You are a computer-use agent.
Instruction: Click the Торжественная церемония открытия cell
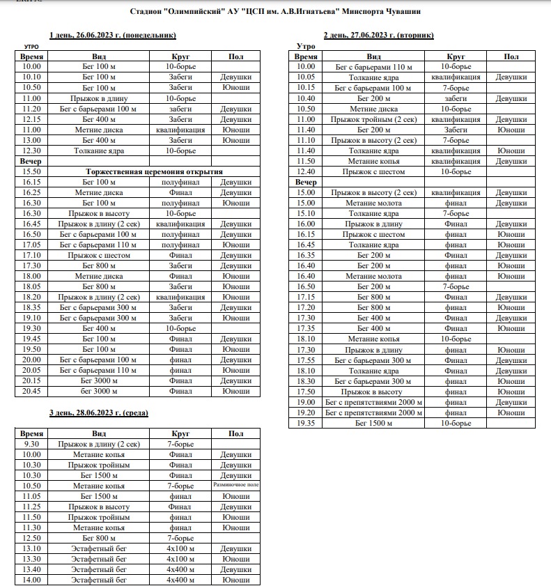[153, 171]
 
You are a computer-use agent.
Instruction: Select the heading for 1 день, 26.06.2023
[112, 35]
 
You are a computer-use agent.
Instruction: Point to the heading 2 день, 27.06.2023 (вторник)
[378, 35]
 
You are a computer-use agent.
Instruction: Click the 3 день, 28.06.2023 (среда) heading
[98, 413]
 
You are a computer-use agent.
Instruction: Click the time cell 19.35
[306, 423]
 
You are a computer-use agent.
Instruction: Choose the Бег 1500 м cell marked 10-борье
[374, 423]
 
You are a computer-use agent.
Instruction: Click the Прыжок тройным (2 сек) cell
[374, 119]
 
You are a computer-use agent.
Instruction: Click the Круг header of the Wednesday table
[180, 433]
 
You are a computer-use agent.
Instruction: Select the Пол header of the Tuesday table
[511, 56]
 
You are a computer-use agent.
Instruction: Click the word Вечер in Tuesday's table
[306, 182]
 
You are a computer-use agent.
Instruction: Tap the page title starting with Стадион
[275, 12]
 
